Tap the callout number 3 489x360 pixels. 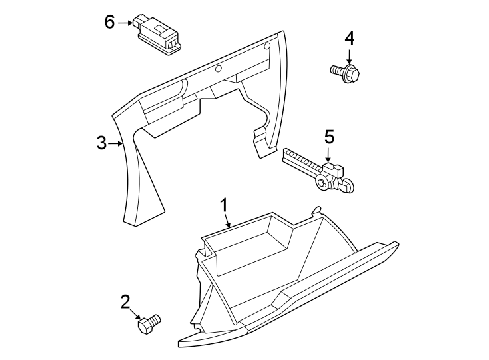click(101, 143)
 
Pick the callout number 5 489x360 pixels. click(329, 137)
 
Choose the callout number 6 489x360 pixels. click(110, 22)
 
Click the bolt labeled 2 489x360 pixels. click(148, 325)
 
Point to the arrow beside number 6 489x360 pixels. click(126, 23)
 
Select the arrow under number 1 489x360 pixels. click(227, 219)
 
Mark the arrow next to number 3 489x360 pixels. click(117, 143)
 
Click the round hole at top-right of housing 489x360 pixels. click(266, 46)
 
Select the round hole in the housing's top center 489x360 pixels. click(218, 68)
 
